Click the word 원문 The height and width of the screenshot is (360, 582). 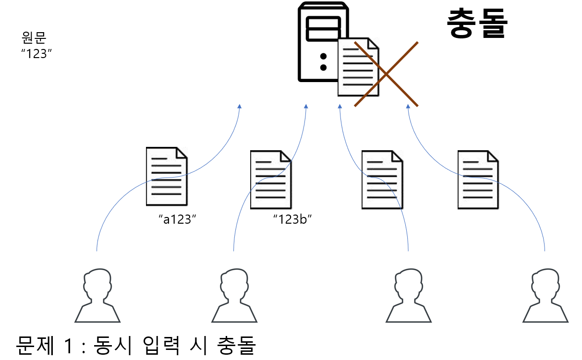[35, 37]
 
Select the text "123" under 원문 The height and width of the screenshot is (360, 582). [36, 53]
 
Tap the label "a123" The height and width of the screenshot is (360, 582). [178, 219]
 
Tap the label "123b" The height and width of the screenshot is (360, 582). [292, 219]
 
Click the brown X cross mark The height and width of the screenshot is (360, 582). [386, 73]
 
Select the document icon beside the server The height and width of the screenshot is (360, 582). [358, 66]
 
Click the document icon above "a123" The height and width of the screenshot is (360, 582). [166, 176]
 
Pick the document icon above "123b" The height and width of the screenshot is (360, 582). [270, 180]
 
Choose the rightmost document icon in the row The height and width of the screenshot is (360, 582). [478, 180]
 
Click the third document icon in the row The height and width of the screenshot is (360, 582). [382, 180]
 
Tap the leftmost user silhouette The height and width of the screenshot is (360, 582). [97, 295]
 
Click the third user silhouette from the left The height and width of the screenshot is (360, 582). [409, 295]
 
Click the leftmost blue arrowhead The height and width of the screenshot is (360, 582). [240, 107]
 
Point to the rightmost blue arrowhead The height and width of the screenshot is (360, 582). [409, 107]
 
